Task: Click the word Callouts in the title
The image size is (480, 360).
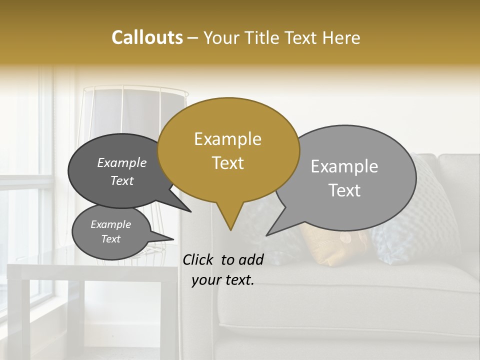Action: coord(147,37)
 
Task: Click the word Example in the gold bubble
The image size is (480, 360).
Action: coord(227,139)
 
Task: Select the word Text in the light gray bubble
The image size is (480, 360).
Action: coord(344,190)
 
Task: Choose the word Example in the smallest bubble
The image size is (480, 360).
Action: coord(110,224)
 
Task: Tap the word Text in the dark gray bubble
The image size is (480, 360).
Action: coord(122,180)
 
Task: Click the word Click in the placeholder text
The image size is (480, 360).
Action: coord(199,259)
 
